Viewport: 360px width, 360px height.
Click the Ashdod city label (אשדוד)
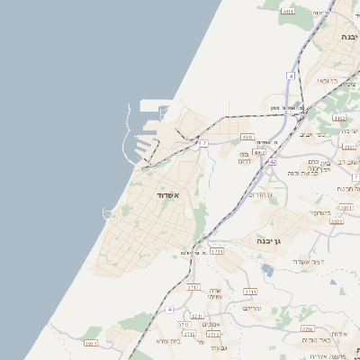pos(165,194)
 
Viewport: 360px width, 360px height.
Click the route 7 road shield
pos(204,143)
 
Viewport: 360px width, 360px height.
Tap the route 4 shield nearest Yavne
pos(291,76)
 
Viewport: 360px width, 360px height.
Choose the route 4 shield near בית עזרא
pos(168,309)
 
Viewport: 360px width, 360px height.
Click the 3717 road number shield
pos(193,287)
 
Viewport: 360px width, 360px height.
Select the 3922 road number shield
pos(336,220)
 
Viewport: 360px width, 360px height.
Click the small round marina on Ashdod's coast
pos(107,213)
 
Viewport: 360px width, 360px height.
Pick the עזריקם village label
pos(251,308)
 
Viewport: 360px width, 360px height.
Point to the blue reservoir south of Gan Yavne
pos(267,269)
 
